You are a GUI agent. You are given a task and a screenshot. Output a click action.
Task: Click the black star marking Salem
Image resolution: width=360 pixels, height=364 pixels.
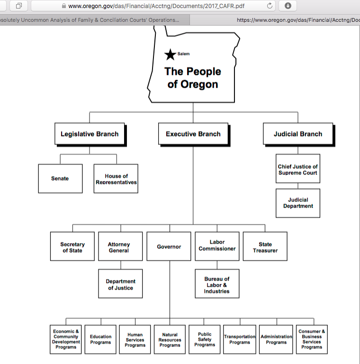(170, 55)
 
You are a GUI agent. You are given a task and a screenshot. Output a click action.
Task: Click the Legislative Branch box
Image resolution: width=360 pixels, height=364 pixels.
(90, 134)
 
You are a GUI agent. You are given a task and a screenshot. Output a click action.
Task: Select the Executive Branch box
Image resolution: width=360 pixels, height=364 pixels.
(193, 134)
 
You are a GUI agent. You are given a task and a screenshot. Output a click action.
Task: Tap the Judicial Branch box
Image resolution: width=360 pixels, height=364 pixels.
(297, 134)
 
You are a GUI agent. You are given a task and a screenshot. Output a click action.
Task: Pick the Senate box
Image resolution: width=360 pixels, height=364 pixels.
(60, 179)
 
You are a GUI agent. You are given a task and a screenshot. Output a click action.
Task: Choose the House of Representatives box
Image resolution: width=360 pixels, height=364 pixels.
(116, 179)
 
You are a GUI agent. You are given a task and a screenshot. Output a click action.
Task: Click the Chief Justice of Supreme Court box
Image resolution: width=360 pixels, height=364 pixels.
(298, 169)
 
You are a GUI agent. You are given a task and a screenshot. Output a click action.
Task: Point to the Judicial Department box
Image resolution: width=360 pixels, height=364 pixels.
(298, 203)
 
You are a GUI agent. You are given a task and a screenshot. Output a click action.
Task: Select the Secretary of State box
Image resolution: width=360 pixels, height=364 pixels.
(72, 247)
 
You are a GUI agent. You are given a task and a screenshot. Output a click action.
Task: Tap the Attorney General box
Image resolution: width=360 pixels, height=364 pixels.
(120, 247)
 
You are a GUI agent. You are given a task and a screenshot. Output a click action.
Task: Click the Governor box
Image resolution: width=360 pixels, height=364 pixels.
(169, 247)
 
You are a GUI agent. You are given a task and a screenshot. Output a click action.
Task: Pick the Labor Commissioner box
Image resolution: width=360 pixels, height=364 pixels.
(217, 246)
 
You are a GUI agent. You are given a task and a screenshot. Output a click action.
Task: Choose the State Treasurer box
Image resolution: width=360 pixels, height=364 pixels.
(265, 247)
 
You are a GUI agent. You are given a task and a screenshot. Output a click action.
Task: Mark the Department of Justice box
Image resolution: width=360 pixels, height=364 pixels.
(120, 284)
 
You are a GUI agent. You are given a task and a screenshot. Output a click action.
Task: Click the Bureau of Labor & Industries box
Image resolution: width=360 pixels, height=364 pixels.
(217, 285)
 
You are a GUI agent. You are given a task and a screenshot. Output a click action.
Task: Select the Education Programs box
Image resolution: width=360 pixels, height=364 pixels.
(100, 339)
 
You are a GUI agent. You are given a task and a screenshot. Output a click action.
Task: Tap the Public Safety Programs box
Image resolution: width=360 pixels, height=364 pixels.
(205, 339)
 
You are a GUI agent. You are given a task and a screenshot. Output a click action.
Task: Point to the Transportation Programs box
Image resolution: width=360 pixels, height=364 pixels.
(240, 339)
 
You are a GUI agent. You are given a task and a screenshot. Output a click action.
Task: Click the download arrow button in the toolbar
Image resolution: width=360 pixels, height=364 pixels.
(288, 6)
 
